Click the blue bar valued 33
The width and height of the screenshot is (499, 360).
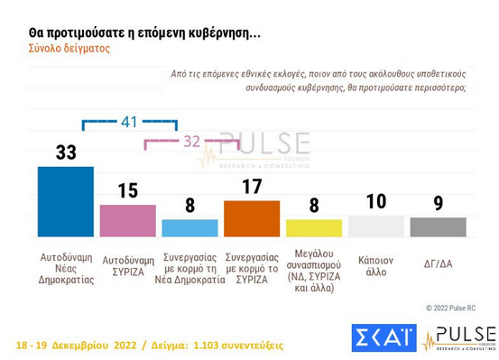coord(66,201)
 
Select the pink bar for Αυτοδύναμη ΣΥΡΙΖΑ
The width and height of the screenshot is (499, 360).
coord(127,220)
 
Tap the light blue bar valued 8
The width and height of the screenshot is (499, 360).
coord(189,227)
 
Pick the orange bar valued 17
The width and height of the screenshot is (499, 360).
coord(252,218)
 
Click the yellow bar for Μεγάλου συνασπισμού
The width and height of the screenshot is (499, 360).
coord(314,227)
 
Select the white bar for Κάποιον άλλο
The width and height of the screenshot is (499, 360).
coord(376,226)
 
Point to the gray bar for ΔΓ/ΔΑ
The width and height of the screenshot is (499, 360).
coord(438,226)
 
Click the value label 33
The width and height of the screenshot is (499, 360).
coord(66,152)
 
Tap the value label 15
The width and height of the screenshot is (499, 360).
coord(127,190)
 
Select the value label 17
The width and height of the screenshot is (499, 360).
coord(252,187)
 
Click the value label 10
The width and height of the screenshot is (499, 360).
coord(376,201)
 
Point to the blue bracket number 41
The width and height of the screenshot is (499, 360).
coord(129,122)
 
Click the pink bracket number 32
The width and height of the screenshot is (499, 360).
coord(191,141)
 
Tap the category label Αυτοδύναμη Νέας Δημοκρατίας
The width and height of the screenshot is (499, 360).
coord(67,268)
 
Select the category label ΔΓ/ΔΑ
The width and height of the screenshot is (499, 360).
coord(438,263)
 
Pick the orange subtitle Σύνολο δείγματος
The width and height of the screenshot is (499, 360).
coord(69,49)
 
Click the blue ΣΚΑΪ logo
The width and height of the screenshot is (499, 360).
coord(383,338)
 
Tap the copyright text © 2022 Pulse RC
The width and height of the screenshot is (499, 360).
coord(450,309)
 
